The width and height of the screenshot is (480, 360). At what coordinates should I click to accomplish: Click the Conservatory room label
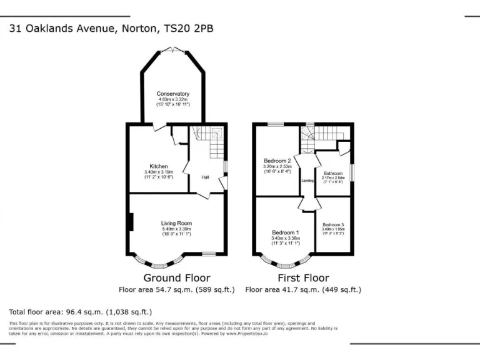pyautogui.click(x=172, y=94)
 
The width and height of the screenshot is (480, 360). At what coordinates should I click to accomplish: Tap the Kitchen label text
pyautogui.click(x=158, y=166)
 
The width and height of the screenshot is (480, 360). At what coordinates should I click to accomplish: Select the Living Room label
pyautogui.click(x=176, y=223)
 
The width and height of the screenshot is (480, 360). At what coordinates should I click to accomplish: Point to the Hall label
pyautogui.click(x=204, y=177)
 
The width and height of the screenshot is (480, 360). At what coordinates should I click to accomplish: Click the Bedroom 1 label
pyautogui.click(x=285, y=232)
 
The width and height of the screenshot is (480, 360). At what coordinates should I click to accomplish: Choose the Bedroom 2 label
pyautogui.click(x=276, y=161)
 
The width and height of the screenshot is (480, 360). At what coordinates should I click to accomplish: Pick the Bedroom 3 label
pyautogui.click(x=333, y=225)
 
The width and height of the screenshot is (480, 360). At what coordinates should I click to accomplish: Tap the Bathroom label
pyautogui.click(x=333, y=173)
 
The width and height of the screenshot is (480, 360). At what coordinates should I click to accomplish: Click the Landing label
pyautogui.click(x=307, y=181)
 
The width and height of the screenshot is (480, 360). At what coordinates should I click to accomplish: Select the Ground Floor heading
pyautogui.click(x=177, y=277)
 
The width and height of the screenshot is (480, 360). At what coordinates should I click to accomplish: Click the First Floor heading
pyautogui.click(x=303, y=277)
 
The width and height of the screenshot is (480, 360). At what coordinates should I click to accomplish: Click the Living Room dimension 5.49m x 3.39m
pyautogui.click(x=176, y=229)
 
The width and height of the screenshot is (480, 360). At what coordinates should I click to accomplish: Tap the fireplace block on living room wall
pyautogui.click(x=131, y=223)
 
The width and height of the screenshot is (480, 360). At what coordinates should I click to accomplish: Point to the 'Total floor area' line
pyautogui.click(x=80, y=311)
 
